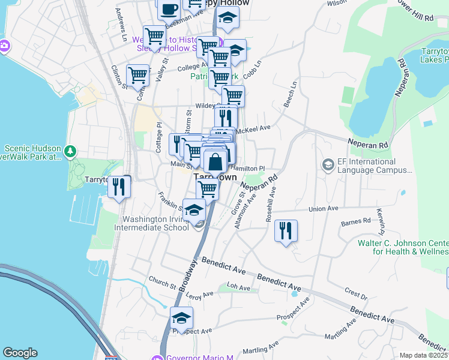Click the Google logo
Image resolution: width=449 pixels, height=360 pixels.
(x=20, y=353)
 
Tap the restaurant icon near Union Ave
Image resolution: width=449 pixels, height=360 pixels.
(x=285, y=231)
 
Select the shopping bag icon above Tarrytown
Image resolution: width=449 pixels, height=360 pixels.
(x=215, y=161)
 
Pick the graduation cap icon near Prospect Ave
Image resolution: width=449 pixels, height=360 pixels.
(x=181, y=318)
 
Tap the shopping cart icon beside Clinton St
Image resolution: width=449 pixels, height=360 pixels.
(x=138, y=76)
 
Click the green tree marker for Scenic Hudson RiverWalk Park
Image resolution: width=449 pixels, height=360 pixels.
(x=71, y=150)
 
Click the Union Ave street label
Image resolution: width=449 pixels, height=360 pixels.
(x=324, y=209)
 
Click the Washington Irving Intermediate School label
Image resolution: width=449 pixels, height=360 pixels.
(x=155, y=223)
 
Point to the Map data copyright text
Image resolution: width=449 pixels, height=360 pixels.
(x=424, y=355)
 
